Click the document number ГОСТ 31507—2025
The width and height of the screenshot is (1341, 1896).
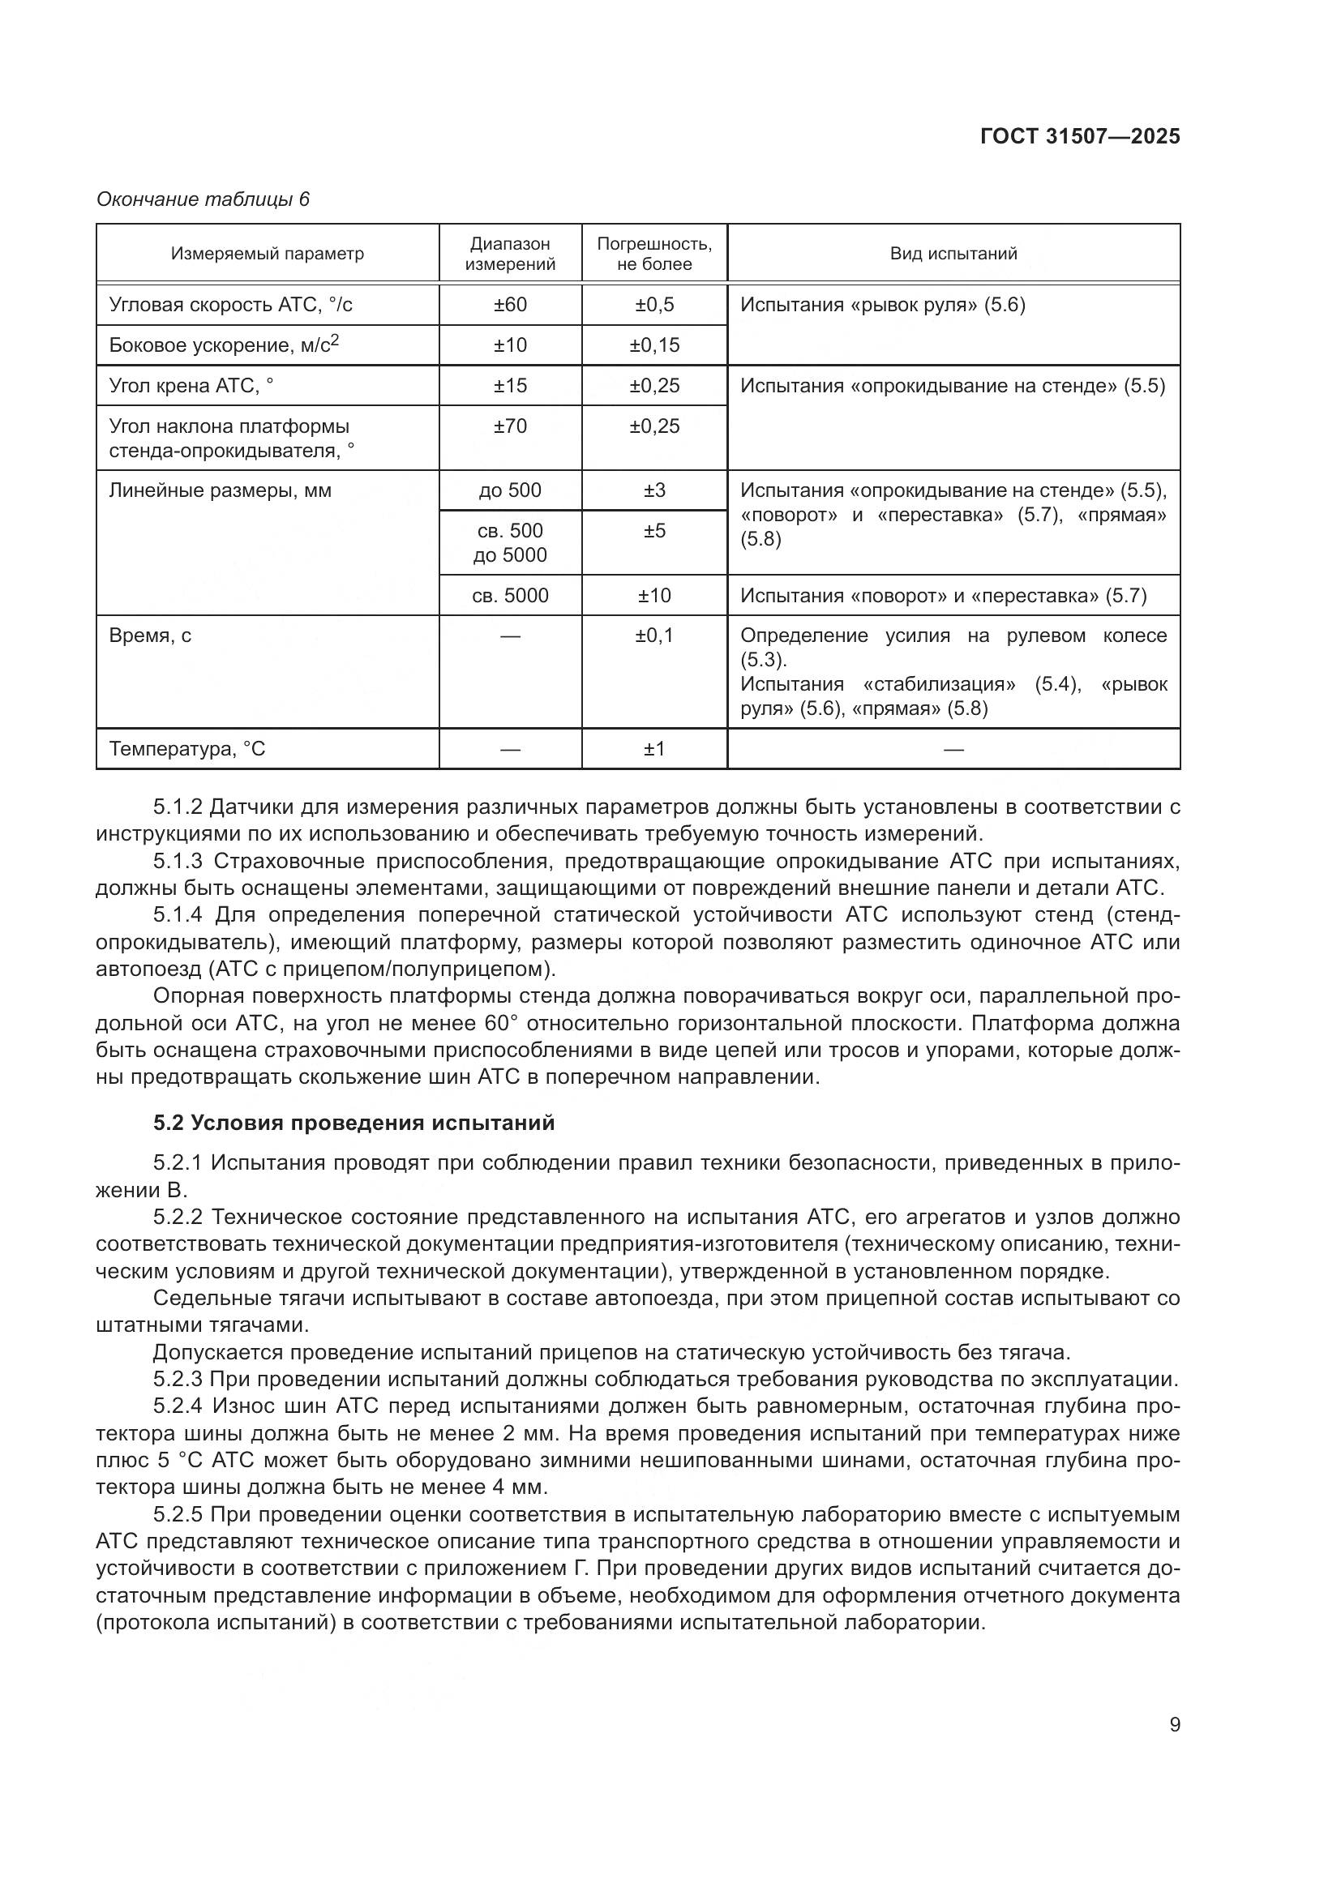click(x=1079, y=136)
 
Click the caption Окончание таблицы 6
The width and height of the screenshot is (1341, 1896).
click(x=204, y=199)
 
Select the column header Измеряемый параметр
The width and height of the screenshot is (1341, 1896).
click(x=267, y=254)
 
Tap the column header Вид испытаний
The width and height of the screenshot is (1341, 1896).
click(x=953, y=254)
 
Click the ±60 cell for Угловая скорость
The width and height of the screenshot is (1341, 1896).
click(x=509, y=305)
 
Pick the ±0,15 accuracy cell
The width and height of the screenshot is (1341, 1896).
click(x=654, y=345)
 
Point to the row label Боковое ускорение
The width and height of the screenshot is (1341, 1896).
click(x=224, y=345)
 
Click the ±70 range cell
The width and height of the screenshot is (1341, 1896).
click(x=509, y=426)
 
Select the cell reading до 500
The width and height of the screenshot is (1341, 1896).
click(x=509, y=490)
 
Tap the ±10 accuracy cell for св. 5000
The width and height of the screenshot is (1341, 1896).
click(x=654, y=596)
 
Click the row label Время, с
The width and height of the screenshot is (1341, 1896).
click(x=150, y=636)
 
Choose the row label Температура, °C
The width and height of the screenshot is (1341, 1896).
click(x=187, y=749)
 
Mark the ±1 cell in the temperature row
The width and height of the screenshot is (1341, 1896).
click(x=654, y=749)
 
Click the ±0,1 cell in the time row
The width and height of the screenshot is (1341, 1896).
click(x=654, y=636)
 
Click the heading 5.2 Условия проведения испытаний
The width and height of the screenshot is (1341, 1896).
click(x=353, y=1123)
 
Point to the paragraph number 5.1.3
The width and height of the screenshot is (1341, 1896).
click(x=178, y=862)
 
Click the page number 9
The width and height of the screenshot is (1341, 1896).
click(x=1174, y=1725)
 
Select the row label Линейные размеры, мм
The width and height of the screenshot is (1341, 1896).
click(x=220, y=490)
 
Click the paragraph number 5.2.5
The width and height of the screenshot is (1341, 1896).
click(x=178, y=1514)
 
